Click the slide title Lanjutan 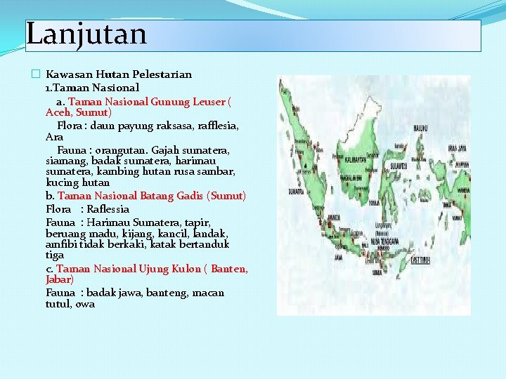86,34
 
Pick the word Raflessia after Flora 108,209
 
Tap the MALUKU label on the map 420,128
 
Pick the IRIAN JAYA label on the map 460,148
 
